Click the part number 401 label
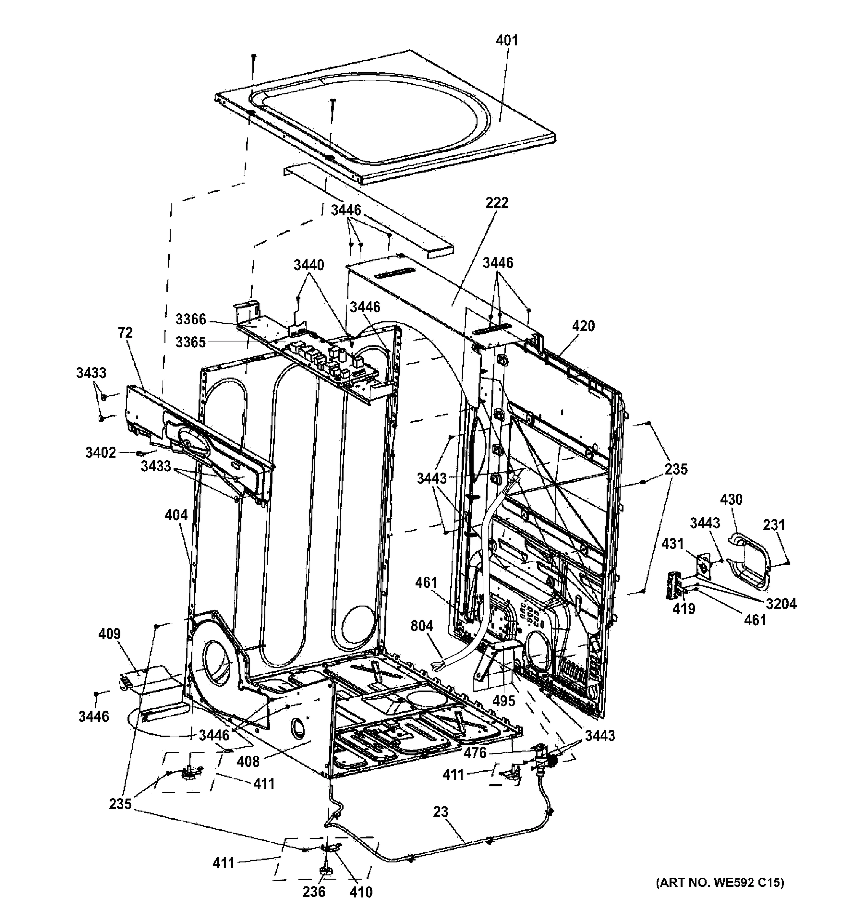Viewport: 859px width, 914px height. click(507, 40)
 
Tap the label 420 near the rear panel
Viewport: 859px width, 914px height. click(583, 326)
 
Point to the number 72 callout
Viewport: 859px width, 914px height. click(125, 333)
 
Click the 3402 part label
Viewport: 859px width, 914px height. click(101, 453)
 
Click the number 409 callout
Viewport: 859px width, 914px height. click(109, 634)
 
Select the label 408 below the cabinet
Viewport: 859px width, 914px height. click(248, 774)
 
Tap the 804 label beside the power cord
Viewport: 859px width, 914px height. click(422, 626)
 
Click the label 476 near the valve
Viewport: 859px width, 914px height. click(475, 753)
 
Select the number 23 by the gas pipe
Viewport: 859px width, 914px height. click(440, 812)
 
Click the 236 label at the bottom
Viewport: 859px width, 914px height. click(314, 892)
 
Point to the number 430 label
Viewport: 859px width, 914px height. click(731, 499)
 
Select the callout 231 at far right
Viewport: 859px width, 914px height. click(774, 525)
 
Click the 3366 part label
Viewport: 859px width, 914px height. click(190, 319)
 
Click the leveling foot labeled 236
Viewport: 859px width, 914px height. click(325, 870)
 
